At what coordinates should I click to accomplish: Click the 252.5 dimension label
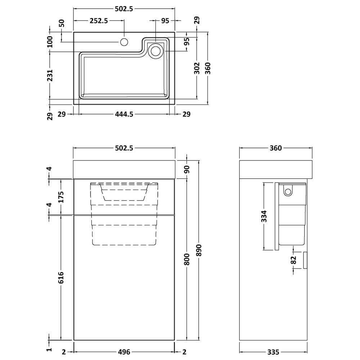point(99,21)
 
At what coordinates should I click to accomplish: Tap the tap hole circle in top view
point(124,42)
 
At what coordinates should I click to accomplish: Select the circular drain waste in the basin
point(156,51)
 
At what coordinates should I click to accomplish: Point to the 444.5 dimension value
point(124,114)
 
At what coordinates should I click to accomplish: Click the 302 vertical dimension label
point(197,68)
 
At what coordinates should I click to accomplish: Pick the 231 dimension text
point(50,75)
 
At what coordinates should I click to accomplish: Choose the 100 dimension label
point(50,41)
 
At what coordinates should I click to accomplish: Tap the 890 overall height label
point(199,250)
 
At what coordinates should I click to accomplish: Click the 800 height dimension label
point(187,260)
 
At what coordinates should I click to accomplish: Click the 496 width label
point(124,352)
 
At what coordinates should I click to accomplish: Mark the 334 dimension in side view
point(264,216)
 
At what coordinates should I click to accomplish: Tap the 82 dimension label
point(294,260)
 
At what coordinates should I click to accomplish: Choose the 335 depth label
point(273,352)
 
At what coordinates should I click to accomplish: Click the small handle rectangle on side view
point(305,260)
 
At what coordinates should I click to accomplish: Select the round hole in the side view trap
point(288,192)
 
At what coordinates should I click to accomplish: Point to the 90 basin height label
point(187,170)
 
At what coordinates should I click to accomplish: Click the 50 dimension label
point(62,23)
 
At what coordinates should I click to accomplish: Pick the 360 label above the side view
point(275,148)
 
